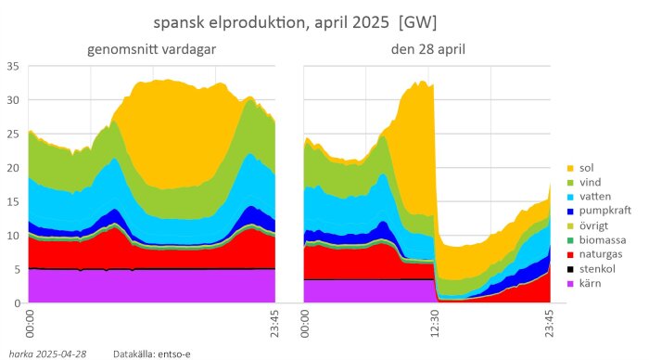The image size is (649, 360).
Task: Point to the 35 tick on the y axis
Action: pos(12,66)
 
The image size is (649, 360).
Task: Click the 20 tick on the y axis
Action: pos(12,168)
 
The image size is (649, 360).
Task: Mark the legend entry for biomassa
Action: pos(601,238)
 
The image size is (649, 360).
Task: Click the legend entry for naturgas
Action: pos(601,253)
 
